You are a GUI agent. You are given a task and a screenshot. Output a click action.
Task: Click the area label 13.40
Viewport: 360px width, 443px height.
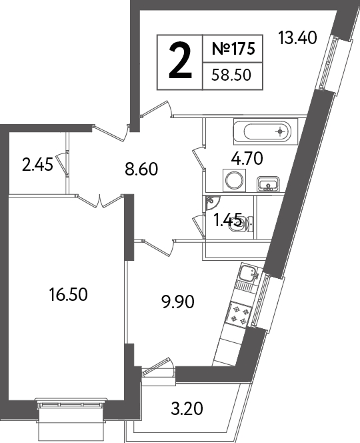click(x=297, y=38)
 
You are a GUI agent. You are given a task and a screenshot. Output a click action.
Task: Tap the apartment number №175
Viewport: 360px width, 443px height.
click(x=233, y=48)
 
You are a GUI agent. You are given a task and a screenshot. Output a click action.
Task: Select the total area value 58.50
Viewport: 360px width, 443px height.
click(x=231, y=75)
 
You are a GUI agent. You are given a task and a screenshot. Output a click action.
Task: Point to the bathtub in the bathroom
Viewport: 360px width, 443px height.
click(x=265, y=131)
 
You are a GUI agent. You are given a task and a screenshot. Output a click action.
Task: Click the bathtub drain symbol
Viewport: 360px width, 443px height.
click(x=280, y=131)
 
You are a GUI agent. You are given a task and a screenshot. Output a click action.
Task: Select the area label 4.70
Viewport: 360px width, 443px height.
click(x=247, y=158)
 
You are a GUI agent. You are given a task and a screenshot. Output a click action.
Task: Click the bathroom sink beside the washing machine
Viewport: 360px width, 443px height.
click(x=268, y=183)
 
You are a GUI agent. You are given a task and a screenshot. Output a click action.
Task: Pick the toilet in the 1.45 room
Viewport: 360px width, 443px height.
click(x=241, y=224)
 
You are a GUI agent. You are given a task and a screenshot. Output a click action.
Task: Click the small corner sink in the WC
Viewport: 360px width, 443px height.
click(x=211, y=202)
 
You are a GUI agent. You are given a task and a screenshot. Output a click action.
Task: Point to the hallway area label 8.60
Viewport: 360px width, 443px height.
click(x=141, y=169)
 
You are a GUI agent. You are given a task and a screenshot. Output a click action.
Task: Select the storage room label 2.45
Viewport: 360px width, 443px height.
click(x=37, y=164)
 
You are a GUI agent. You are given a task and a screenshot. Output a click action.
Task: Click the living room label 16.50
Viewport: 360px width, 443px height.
click(x=68, y=294)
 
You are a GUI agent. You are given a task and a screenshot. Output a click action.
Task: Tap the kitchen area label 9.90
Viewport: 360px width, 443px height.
click(x=178, y=302)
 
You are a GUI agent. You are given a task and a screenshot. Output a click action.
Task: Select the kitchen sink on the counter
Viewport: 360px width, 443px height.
click(x=249, y=273)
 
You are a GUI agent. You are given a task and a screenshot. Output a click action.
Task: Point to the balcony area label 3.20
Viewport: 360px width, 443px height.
click(x=187, y=409)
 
